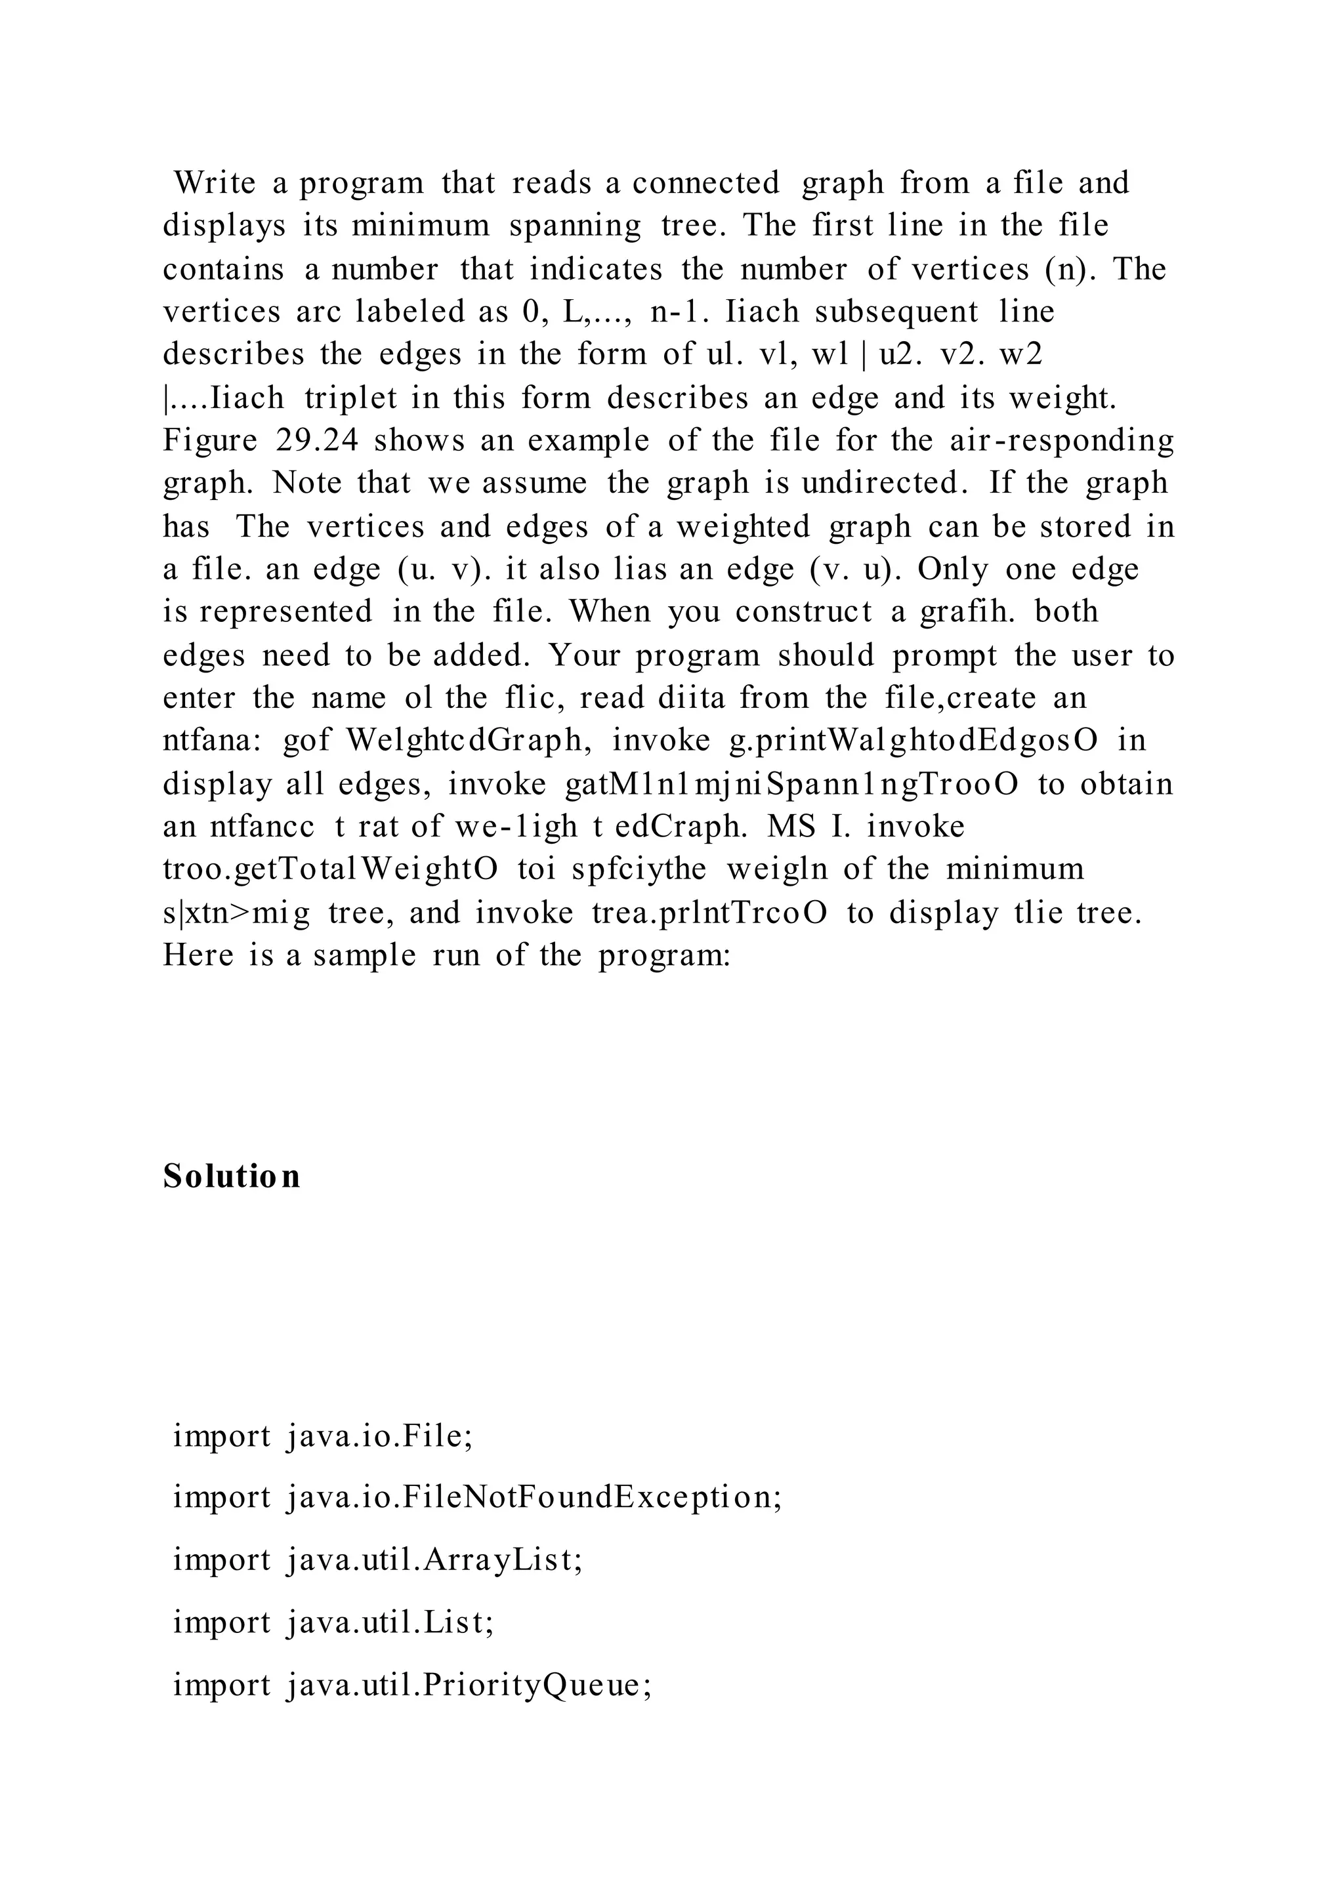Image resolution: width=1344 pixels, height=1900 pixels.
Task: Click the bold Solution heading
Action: click(x=232, y=1176)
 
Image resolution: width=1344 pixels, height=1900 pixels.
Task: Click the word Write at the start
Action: click(x=215, y=183)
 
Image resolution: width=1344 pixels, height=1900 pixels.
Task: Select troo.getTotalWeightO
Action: click(x=330, y=869)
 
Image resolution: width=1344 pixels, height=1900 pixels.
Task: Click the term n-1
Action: click(x=679, y=312)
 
